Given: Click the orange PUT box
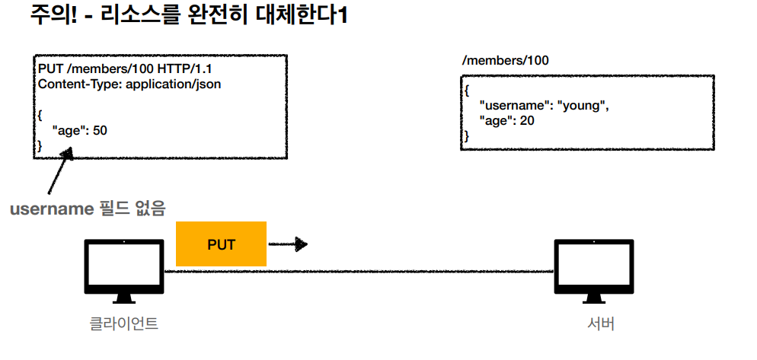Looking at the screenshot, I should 221,244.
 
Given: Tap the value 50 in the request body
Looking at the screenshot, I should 100,130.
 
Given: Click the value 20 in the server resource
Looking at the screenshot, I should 526,121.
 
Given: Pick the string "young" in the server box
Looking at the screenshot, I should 583,106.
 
